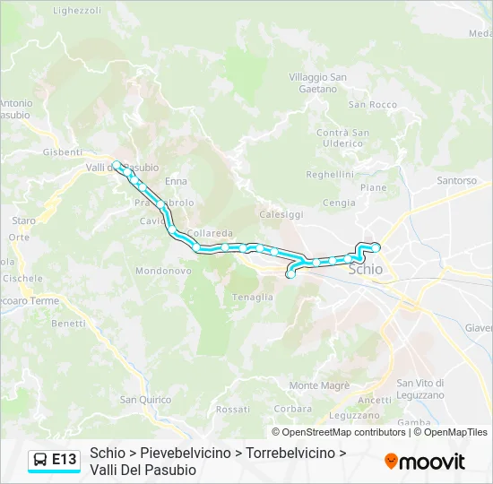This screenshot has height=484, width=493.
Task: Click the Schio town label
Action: pyautogui.click(x=365, y=269)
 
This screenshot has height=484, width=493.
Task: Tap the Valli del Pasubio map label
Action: pyautogui.click(x=122, y=168)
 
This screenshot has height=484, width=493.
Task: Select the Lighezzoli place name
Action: pyautogui.click(x=77, y=11)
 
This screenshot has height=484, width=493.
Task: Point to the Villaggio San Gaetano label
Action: pyautogui.click(x=317, y=82)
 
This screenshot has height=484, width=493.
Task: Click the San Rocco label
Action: pyautogui.click(x=372, y=105)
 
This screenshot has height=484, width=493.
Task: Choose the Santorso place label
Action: pyautogui.click(x=456, y=180)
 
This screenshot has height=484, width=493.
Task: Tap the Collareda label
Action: pyautogui.click(x=212, y=233)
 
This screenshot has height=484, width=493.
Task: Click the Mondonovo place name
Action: pyautogui.click(x=163, y=270)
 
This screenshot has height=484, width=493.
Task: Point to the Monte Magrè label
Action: pyautogui.click(x=319, y=385)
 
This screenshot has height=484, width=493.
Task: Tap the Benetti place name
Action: pyautogui.click(x=68, y=323)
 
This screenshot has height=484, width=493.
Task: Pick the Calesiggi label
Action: pyautogui.click(x=281, y=214)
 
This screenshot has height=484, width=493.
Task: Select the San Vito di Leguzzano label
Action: pyautogui.click(x=420, y=389)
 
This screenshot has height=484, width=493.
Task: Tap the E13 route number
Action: pyautogui.click(x=65, y=460)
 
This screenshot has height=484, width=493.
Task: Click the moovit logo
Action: pyautogui.click(x=425, y=462)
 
